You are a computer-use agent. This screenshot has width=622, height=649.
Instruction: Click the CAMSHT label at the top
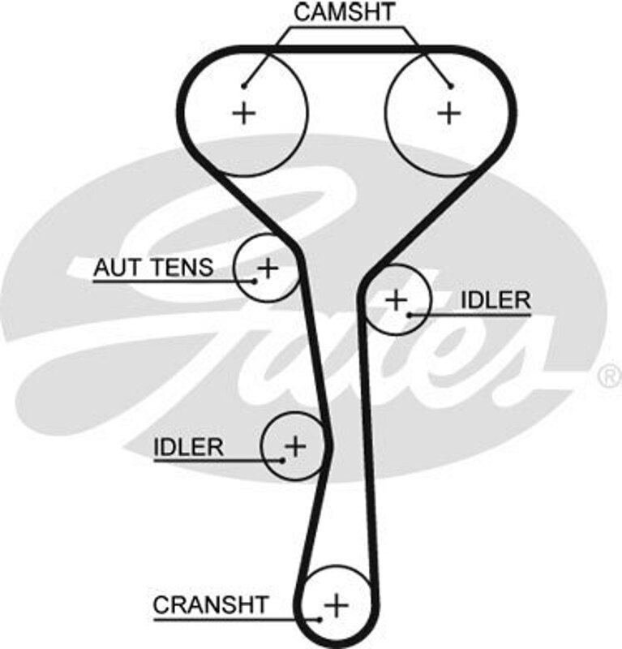click(x=344, y=12)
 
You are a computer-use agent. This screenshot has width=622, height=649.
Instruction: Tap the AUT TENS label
click(x=153, y=267)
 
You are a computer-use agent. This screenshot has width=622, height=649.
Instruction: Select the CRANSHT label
click(x=210, y=604)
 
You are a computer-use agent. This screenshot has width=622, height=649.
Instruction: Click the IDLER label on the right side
click(x=495, y=299)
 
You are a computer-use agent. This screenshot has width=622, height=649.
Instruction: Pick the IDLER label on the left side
click(x=188, y=446)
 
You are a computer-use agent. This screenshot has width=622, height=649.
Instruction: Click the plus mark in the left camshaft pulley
click(x=243, y=112)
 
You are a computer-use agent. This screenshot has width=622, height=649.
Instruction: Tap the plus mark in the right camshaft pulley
click(x=448, y=112)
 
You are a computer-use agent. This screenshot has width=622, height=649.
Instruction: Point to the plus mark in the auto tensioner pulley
click(x=267, y=267)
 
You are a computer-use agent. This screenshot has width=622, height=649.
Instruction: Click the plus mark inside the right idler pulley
click(x=396, y=300)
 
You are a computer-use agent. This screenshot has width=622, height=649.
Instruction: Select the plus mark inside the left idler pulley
click(x=296, y=445)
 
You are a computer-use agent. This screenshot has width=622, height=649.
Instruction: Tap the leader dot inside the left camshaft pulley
click(x=243, y=85)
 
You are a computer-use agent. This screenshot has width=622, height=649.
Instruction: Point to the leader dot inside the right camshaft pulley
click(x=451, y=85)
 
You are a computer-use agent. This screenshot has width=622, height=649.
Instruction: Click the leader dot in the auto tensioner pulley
click(x=255, y=281)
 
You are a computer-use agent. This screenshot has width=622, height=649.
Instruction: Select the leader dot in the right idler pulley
click(x=410, y=313)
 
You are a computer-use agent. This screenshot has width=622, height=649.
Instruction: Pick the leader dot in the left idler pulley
click(x=282, y=460)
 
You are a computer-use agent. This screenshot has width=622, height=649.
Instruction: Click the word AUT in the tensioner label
click(x=114, y=267)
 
